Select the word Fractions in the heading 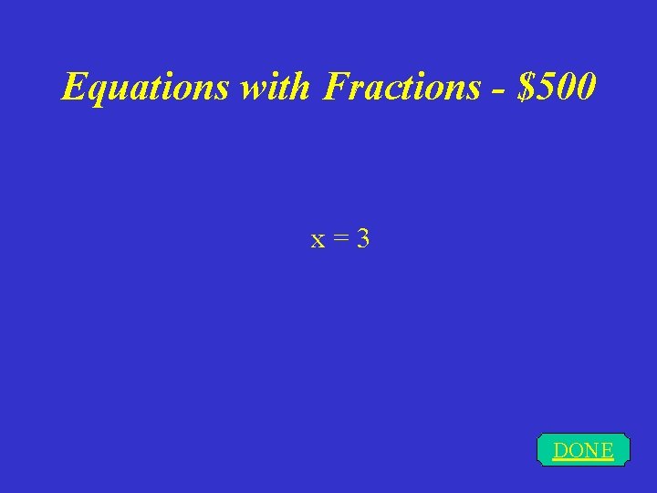click(401, 87)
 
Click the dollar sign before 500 click(526, 87)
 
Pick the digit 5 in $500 click(546, 87)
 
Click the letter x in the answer click(318, 241)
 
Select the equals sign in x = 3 click(339, 240)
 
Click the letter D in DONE click(560, 450)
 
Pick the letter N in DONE click(591, 450)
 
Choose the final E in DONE click(606, 450)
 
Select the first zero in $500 click(566, 87)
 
